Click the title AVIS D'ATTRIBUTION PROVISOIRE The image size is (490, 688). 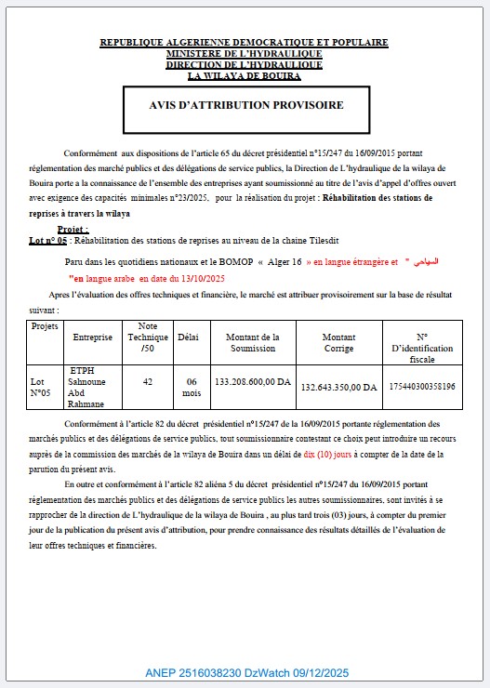click(x=245, y=105)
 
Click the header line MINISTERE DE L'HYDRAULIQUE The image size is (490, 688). click(x=245, y=54)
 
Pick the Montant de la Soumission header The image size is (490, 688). click(x=252, y=341)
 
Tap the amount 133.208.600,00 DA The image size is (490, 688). click(x=253, y=381)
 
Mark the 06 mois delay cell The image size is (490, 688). click(x=192, y=387)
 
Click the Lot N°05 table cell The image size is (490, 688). click(x=41, y=387)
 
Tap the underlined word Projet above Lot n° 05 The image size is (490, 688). click(x=73, y=228)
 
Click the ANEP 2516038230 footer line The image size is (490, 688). click(x=245, y=672)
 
